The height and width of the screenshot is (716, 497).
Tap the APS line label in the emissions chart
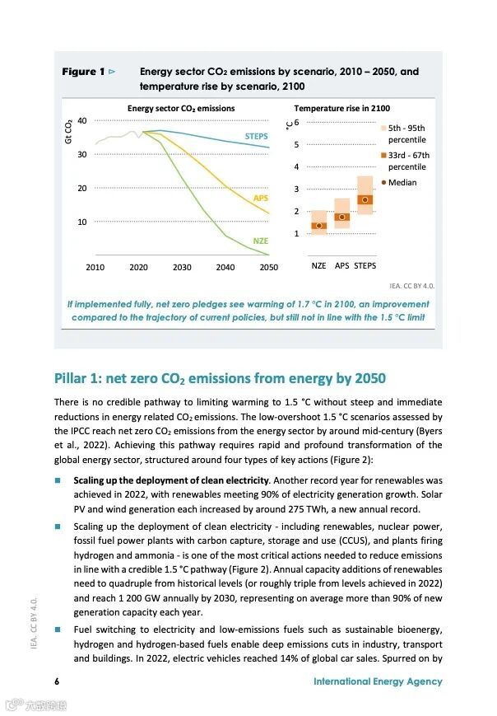(260, 199)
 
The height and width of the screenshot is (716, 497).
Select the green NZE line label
(260, 241)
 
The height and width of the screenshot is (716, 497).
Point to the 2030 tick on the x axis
(182, 267)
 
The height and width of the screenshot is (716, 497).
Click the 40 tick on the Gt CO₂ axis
(81, 122)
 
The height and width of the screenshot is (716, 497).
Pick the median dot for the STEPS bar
(365, 199)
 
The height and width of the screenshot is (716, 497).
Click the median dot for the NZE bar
(319, 225)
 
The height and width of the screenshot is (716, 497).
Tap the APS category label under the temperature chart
(341, 266)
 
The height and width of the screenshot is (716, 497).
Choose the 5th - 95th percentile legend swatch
(383, 129)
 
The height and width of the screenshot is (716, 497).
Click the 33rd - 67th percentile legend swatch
(383, 155)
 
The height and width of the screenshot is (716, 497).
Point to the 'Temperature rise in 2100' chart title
(342, 108)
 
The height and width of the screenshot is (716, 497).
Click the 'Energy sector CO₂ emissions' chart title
(180, 108)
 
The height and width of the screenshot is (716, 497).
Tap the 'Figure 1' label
(83, 72)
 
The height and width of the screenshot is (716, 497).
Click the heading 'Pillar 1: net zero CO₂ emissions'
(220, 379)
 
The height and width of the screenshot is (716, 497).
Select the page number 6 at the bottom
(57, 681)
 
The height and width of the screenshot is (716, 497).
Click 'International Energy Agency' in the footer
(378, 681)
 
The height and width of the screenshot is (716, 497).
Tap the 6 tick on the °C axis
(296, 122)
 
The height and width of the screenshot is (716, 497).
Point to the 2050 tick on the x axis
(268, 267)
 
